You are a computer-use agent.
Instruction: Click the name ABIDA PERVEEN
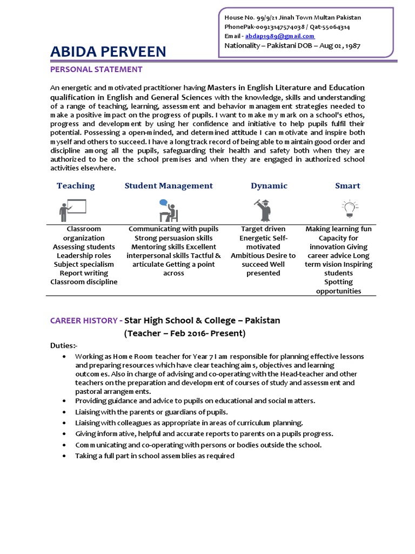[x=108, y=52]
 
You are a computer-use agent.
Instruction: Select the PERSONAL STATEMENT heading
[x=96, y=69]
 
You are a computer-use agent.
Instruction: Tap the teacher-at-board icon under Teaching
[x=73, y=208]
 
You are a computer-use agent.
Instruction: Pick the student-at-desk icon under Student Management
[x=168, y=210]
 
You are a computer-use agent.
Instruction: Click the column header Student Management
[x=169, y=186]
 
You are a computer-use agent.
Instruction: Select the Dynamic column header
[x=269, y=186]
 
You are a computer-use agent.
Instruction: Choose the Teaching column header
[x=76, y=186]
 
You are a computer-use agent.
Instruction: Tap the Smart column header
[x=347, y=186]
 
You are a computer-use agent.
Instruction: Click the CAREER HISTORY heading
[x=83, y=320]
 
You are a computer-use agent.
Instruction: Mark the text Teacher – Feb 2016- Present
[x=185, y=333]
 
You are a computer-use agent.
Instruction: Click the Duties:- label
[x=64, y=346]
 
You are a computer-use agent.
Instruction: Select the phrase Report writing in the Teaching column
[x=84, y=273]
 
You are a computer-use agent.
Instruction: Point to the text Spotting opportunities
[x=338, y=286]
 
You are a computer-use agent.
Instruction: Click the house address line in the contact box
[x=292, y=17]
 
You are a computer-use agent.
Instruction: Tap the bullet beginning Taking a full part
[x=155, y=456]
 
